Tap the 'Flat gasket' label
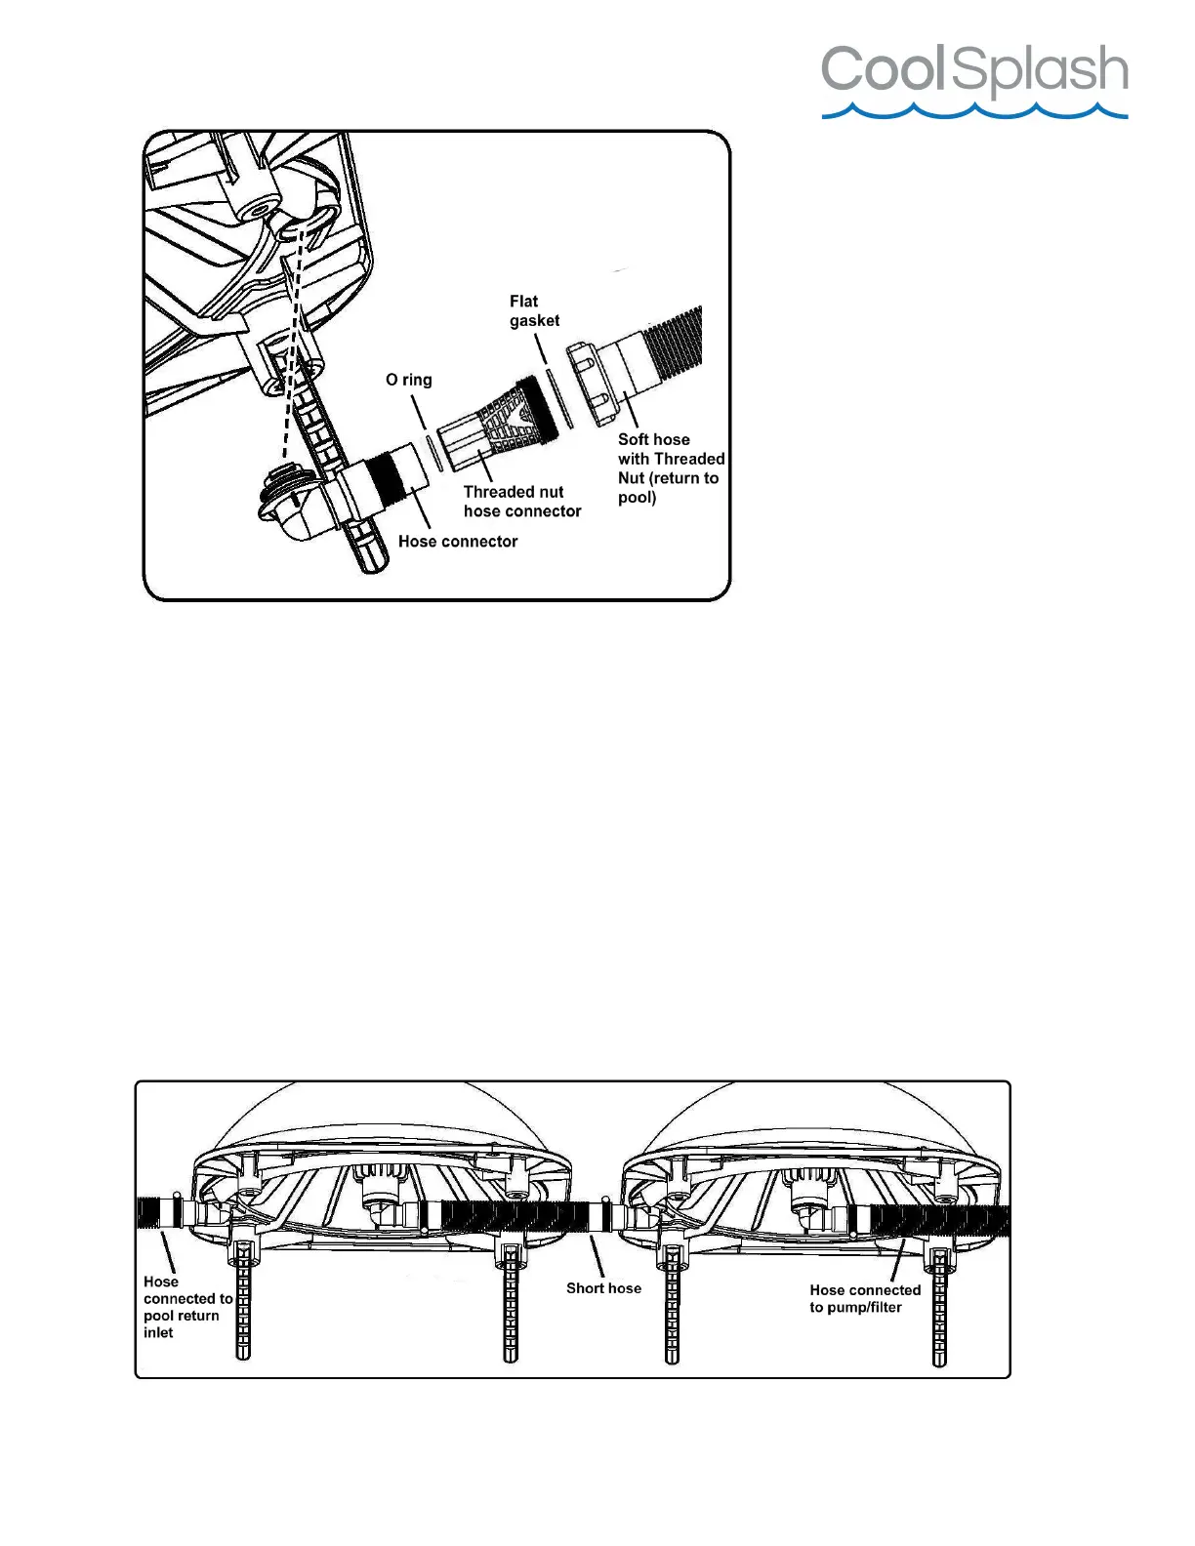coord(534,310)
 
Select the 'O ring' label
coord(408,380)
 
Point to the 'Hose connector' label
coord(458,542)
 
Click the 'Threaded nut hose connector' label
coord(521,502)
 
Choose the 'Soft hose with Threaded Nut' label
coord(670,468)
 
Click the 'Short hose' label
coord(603,1288)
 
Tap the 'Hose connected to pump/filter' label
coord(864,1299)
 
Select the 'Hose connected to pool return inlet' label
coord(185,1307)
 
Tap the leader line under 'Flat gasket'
coord(541,348)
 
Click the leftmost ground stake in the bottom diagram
coord(242,1308)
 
